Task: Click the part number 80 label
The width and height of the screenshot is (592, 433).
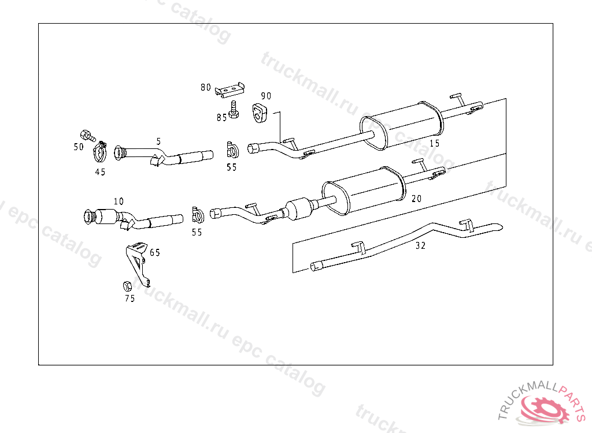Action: point(206,88)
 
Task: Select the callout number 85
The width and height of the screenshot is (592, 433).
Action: point(221,118)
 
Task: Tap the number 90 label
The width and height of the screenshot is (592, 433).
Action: point(266,96)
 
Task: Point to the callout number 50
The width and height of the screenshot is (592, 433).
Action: point(79,147)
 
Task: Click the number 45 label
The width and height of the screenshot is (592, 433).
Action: point(101,172)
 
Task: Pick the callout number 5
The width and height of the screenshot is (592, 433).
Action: point(158,141)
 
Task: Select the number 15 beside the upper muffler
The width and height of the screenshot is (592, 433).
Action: point(434,143)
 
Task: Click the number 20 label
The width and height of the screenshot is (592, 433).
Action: point(416,199)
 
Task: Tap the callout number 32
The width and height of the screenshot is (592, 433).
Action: point(420,245)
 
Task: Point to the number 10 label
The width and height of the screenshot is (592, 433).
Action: point(119,201)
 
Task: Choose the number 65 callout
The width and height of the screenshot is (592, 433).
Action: point(155,252)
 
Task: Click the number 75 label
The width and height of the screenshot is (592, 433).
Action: point(129,298)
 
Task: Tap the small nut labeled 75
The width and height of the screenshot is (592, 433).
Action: point(127,285)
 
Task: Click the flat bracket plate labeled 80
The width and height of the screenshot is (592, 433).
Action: point(230,90)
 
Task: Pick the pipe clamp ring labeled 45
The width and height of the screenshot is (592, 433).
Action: point(101,153)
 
